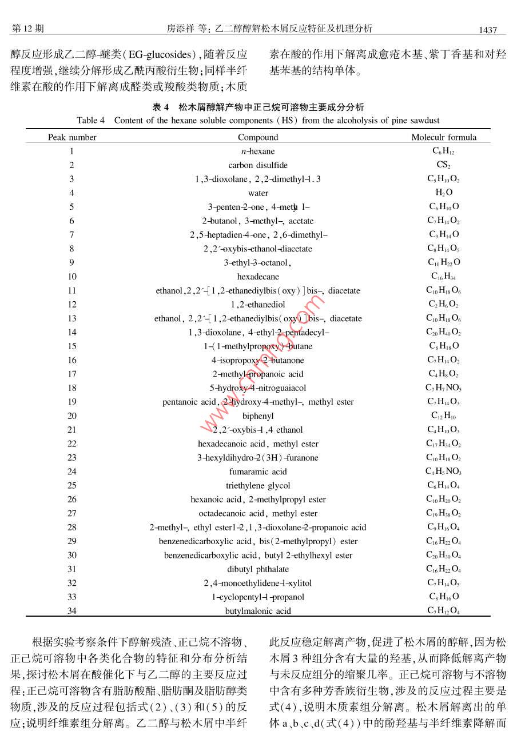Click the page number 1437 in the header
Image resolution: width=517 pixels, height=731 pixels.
(488, 29)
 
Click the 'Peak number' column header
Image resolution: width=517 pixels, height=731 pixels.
(72, 137)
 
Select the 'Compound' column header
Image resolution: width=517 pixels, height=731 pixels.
(258, 137)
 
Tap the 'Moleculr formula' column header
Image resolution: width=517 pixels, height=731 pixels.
(443, 137)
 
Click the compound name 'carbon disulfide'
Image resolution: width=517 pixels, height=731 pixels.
(258, 165)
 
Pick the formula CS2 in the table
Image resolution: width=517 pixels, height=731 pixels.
(443, 165)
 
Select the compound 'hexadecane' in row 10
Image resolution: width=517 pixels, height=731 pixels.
(258, 277)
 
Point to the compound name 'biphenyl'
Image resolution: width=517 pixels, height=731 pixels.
(258, 416)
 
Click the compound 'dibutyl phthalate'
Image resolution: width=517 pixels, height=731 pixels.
(258, 569)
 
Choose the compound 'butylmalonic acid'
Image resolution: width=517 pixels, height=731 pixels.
(258, 611)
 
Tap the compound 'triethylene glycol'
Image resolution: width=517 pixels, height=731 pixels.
(258, 486)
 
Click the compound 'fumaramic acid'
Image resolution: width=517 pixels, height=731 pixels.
(258, 472)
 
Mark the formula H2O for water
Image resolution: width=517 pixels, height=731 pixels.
(443, 193)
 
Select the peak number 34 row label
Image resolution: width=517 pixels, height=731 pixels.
(72, 611)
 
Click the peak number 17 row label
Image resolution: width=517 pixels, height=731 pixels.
(72, 374)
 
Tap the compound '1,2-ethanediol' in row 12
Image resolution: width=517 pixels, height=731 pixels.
(258, 305)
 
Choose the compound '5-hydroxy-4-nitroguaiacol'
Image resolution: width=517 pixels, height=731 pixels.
(258, 388)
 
